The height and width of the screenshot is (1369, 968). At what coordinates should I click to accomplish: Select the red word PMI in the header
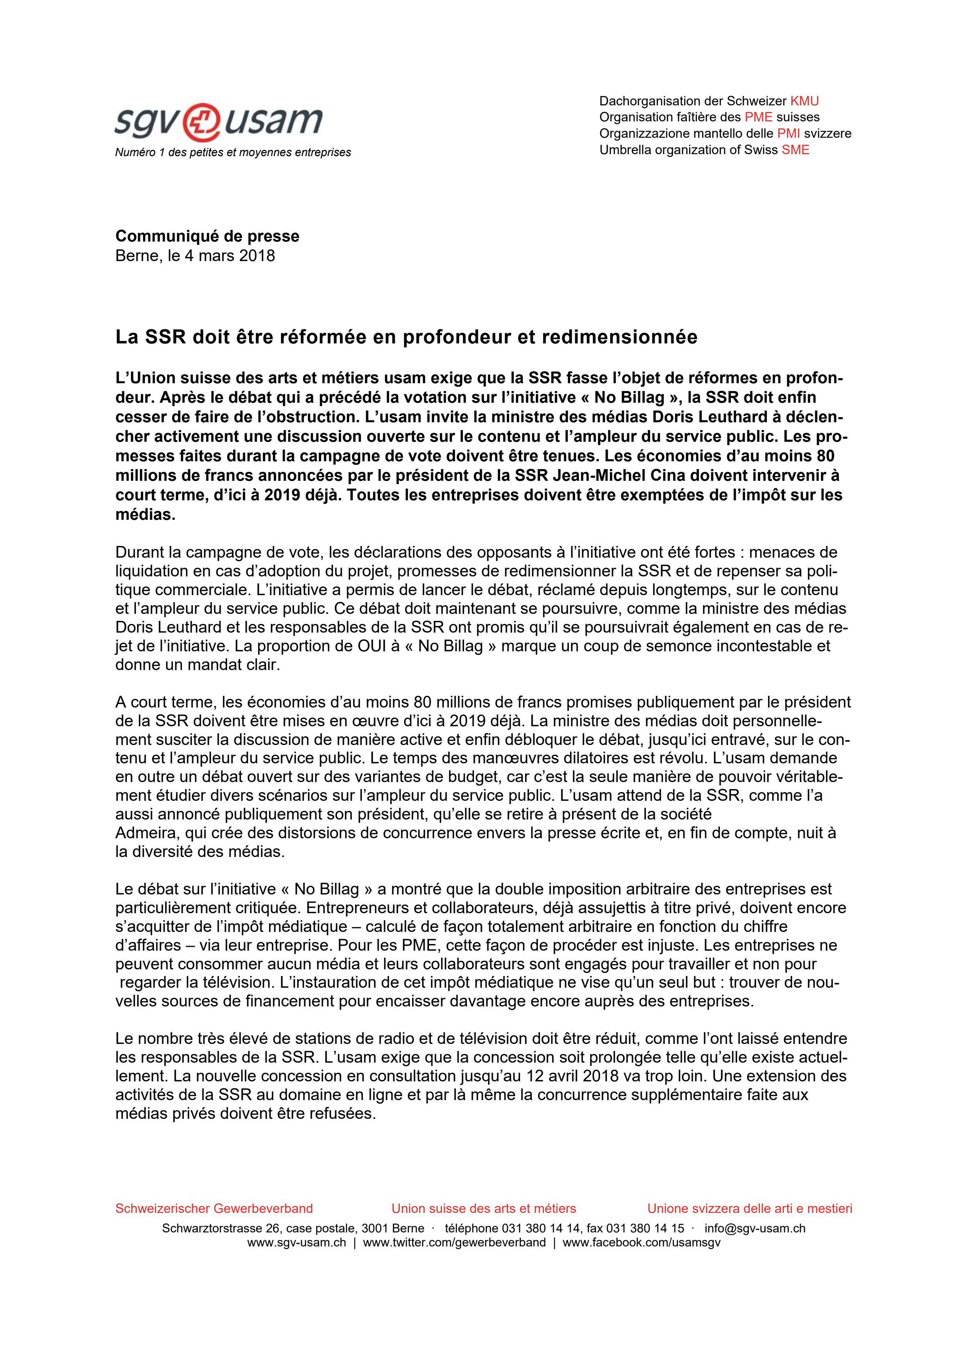(788, 133)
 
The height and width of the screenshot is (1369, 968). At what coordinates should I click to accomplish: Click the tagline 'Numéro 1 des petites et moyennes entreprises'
(233, 153)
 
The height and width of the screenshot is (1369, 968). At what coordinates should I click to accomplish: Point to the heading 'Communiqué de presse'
(207, 236)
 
